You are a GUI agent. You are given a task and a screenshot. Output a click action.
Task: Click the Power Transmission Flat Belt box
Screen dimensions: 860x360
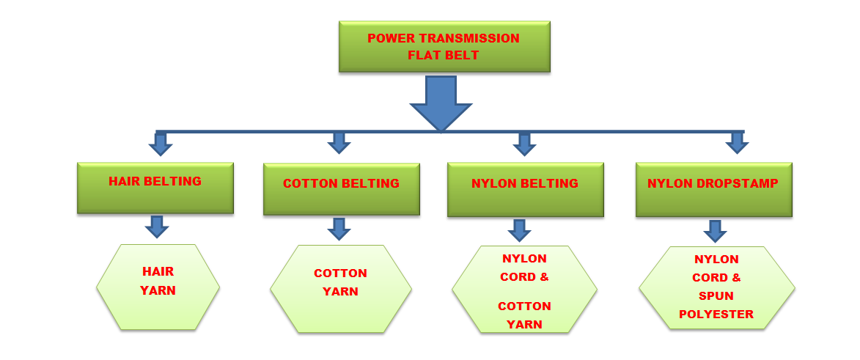pyautogui.click(x=444, y=47)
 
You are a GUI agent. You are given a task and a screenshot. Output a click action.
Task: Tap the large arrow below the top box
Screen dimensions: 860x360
pyautogui.click(x=441, y=103)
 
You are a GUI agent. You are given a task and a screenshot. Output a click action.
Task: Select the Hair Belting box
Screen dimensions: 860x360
pyautogui.click(x=155, y=188)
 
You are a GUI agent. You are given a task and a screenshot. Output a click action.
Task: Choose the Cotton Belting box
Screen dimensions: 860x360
pyautogui.click(x=341, y=188)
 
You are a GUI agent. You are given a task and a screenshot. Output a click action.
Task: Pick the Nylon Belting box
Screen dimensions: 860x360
pyautogui.click(x=526, y=189)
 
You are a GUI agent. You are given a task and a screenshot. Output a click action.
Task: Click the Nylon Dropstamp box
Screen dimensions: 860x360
pyautogui.click(x=713, y=189)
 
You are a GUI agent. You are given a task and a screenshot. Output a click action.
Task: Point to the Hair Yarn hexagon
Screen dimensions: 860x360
pyautogui.click(x=158, y=287)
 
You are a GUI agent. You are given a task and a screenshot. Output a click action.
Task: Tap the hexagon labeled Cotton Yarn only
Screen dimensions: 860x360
pyautogui.click(x=341, y=289)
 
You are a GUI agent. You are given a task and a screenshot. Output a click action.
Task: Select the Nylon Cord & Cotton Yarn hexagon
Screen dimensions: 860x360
pyautogui.click(x=525, y=289)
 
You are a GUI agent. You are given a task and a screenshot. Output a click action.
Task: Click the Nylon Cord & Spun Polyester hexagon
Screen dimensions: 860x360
pyautogui.click(x=717, y=288)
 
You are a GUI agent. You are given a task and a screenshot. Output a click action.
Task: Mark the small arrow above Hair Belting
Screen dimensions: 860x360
pyautogui.click(x=160, y=144)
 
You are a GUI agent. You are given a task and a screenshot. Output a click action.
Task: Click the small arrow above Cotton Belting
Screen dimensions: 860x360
pyautogui.click(x=339, y=143)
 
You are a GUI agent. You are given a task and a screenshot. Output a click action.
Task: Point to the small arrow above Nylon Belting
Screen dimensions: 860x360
pyautogui.click(x=524, y=144)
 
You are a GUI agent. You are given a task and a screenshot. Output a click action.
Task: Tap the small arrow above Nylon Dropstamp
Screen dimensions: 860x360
pyautogui.click(x=737, y=143)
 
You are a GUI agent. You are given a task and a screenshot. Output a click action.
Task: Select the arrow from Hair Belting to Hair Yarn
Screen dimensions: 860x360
pyautogui.click(x=157, y=227)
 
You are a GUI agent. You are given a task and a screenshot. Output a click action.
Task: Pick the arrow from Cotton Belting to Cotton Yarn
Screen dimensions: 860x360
pyautogui.click(x=339, y=229)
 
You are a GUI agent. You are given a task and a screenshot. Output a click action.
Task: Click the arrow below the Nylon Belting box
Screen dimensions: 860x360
pyautogui.click(x=520, y=230)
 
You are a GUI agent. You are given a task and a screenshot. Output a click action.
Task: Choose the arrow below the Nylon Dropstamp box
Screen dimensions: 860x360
pyautogui.click(x=716, y=231)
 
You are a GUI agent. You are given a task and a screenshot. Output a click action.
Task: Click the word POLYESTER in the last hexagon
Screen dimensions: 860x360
pyautogui.click(x=716, y=315)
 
